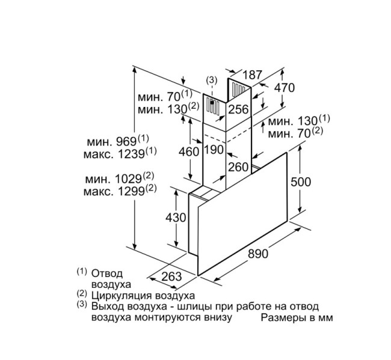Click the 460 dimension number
tap(189, 151)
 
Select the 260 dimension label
tap(239, 166)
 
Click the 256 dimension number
tap(238, 109)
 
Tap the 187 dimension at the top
tap(253, 75)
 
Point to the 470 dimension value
tap(284, 88)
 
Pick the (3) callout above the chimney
tap(211, 80)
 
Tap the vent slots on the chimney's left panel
tap(212, 107)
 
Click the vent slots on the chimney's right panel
tap(239, 91)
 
